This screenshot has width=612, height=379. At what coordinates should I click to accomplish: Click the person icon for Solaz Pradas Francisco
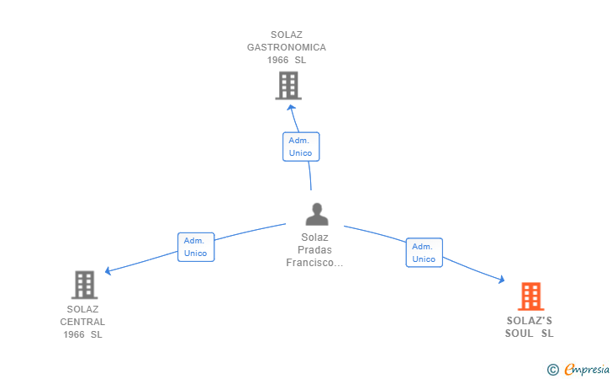317,215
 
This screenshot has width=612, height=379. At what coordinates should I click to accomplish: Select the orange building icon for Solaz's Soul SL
530,296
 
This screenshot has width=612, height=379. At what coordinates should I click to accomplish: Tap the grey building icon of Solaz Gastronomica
288,85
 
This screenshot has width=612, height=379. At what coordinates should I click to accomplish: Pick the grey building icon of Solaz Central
84,285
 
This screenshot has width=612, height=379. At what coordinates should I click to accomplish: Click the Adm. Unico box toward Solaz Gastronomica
300,147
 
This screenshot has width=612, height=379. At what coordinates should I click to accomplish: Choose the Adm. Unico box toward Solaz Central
196,247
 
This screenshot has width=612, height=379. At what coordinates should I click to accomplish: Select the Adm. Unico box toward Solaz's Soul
424,253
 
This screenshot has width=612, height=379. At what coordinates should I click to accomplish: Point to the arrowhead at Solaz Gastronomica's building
292,107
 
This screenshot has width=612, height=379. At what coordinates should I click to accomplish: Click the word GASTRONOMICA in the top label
286,47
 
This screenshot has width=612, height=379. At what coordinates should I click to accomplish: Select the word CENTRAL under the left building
82,322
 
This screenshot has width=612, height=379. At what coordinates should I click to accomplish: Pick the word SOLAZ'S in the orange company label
530,321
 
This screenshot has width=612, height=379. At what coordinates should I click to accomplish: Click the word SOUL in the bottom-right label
520,334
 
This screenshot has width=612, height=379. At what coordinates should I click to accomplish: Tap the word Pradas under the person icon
315,250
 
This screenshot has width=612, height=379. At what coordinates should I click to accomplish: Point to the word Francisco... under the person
315,263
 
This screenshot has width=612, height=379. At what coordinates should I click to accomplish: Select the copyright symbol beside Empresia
552,369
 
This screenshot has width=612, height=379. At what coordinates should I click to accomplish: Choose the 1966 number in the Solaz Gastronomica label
277,60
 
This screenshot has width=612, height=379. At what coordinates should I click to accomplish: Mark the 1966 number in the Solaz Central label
74,334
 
